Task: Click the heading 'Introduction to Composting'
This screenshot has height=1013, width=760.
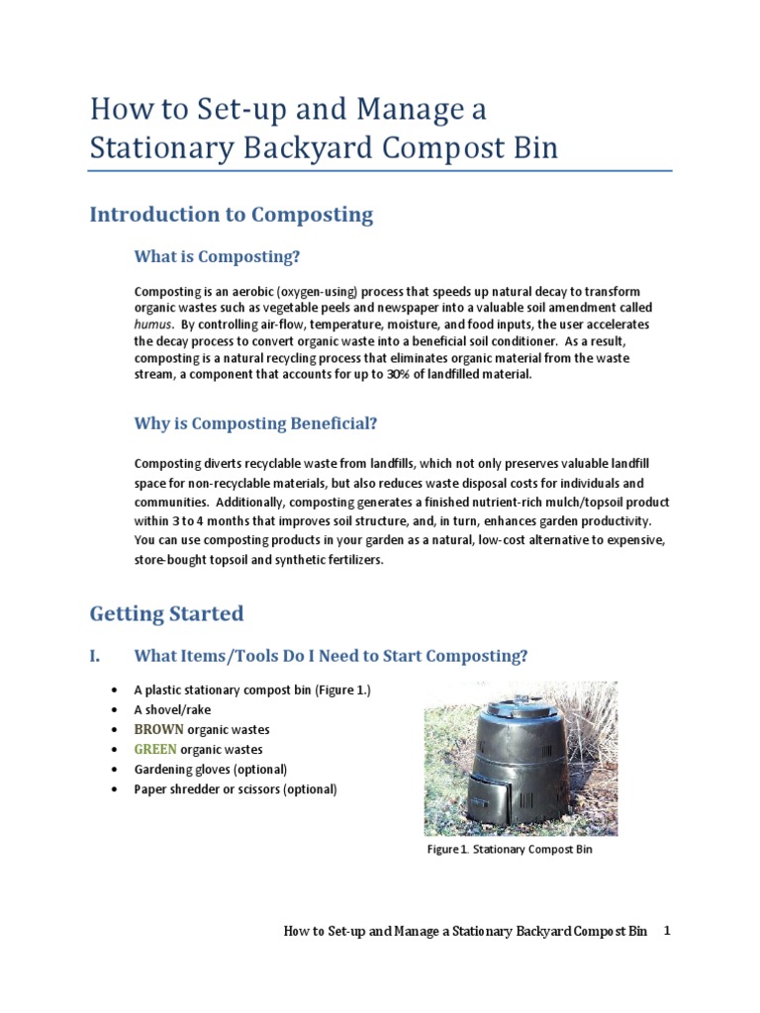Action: pos(231,215)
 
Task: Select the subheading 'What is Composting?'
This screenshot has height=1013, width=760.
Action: pos(216,257)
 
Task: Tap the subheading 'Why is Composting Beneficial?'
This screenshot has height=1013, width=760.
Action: pos(255,423)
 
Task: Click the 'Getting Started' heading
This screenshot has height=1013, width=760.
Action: pos(166,613)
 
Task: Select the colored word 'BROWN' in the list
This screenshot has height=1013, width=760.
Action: pos(159,730)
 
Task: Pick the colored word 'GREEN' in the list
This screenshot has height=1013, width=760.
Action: pos(156,750)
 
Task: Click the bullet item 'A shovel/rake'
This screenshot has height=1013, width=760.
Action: pos(172,709)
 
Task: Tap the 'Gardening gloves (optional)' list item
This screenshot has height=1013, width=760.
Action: pos(211,770)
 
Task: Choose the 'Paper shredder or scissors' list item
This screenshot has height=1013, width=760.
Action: pos(236,789)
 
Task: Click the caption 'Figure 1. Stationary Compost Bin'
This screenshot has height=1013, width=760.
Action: pos(510,850)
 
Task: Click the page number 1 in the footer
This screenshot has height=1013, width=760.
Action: pos(667,931)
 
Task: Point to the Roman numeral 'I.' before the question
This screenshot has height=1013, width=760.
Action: pos(96,656)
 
